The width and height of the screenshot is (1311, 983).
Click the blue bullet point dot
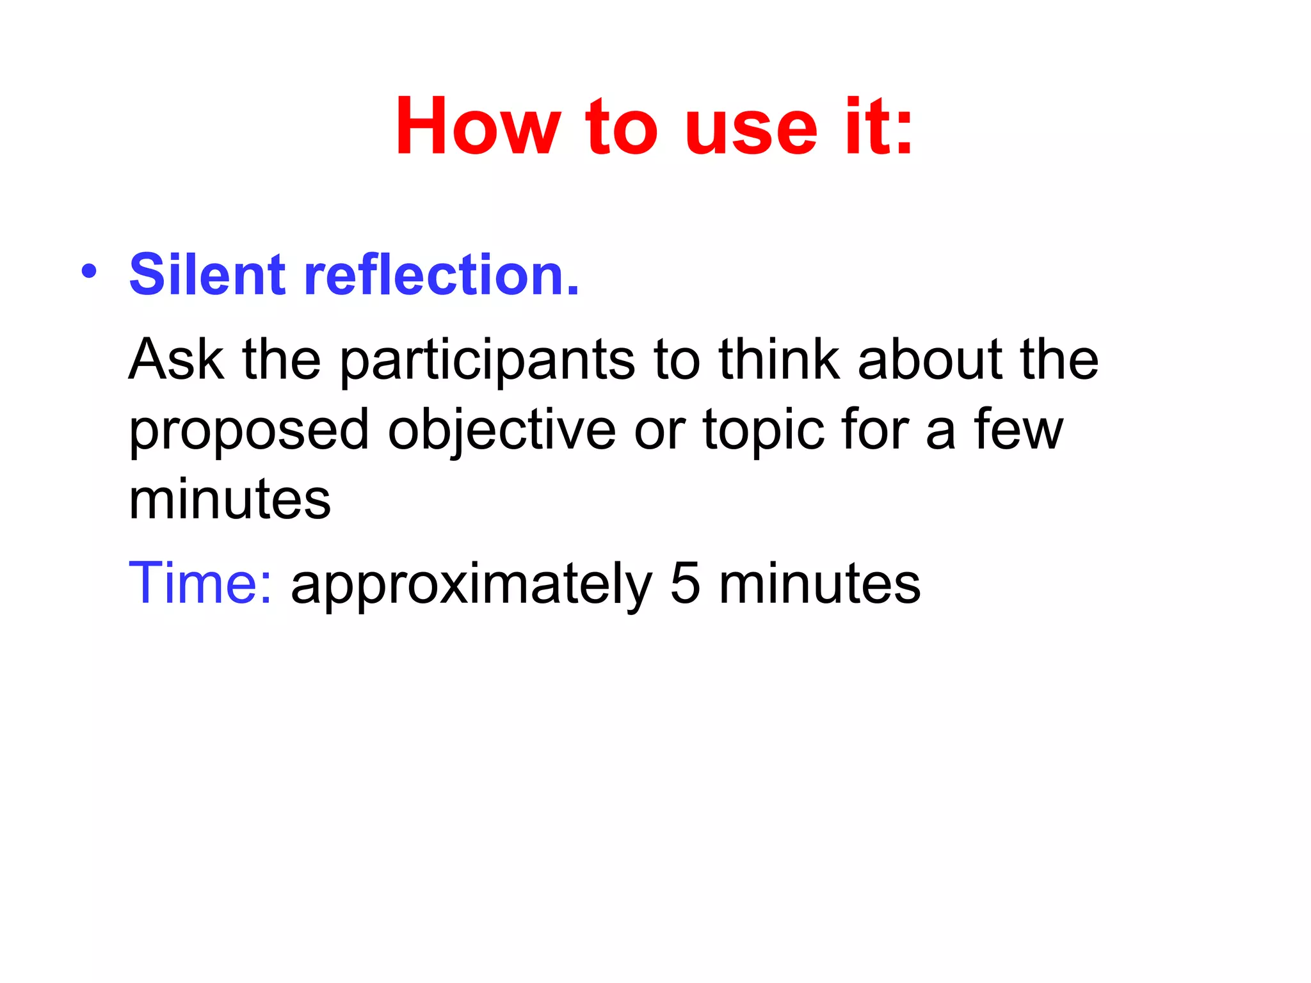click(89, 271)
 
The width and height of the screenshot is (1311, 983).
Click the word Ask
click(176, 359)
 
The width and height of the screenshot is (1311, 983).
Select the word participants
click(487, 362)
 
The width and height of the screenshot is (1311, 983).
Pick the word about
click(930, 359)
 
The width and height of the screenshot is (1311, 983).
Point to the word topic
click(762, 431)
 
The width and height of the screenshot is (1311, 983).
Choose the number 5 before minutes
click(686, 582)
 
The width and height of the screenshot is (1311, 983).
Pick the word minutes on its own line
click(230, 499)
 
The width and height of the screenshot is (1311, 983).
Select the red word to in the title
click(622, 127)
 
